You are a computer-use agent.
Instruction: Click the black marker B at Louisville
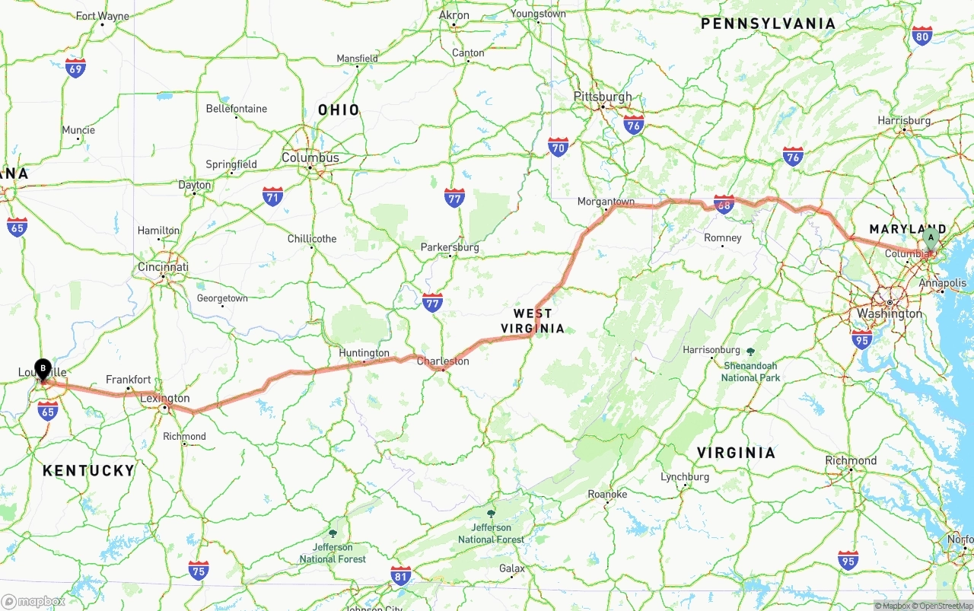click(43, 369)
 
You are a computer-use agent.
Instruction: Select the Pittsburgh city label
click(603, 97)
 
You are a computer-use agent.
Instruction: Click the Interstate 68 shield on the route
click(724, 204)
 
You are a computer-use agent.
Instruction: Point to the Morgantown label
click(606, 202)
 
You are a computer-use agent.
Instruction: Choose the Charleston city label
click(443, 361)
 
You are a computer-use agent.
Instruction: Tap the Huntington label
click(364, 353)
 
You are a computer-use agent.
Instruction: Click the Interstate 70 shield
click(559, 147)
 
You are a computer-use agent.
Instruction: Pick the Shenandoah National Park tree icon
click(751, 352)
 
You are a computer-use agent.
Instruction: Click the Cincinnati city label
click(163, 267)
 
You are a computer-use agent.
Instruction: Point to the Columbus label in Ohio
click(310, 158)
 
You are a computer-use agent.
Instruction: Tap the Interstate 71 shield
click(273, 196)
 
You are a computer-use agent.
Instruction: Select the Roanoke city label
click(607, 494)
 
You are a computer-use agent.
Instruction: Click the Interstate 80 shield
click(922, 35)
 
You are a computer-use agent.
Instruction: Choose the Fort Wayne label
click(102, 16)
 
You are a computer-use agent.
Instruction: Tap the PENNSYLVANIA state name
click(768, 24)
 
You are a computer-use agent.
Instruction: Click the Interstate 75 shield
click(199, 570)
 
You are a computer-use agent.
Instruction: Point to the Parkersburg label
click(450, 247)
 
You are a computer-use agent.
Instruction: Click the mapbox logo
click(33, 601)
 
